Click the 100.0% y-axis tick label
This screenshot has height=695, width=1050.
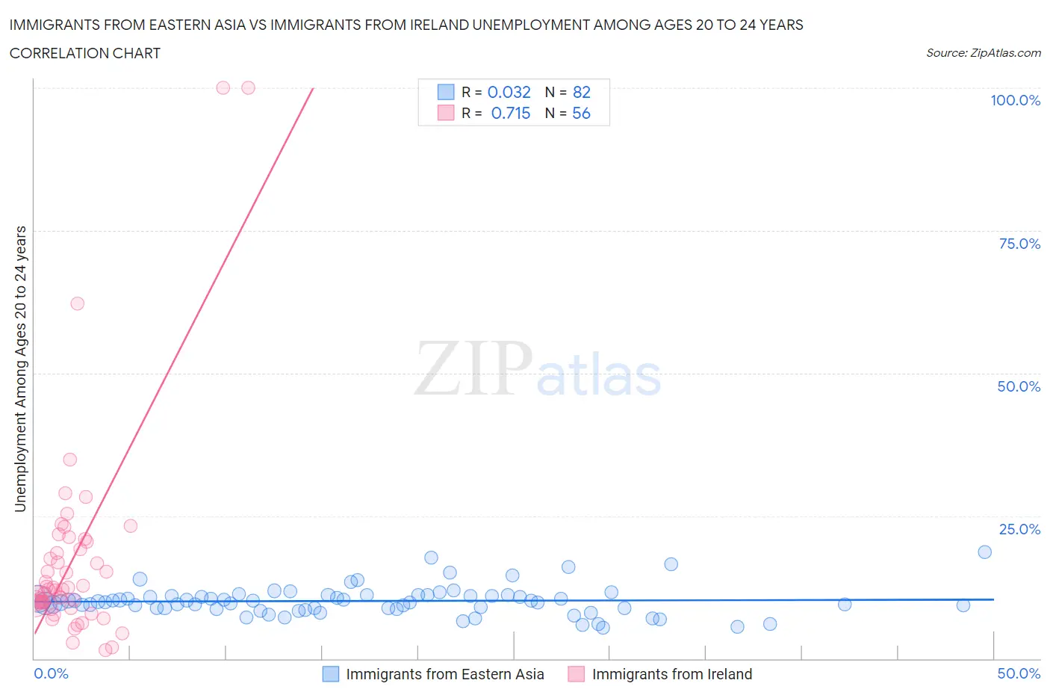coord(1015,101)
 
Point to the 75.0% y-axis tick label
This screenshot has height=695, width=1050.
coord(1019,244)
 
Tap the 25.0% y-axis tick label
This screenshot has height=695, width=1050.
coord(1019,530)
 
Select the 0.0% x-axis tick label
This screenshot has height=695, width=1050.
coord(51,673)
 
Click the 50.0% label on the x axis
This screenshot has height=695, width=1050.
coord(1019,673)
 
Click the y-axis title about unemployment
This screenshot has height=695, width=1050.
coord(20,369)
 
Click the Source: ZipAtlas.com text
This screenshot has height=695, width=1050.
coord(983,53)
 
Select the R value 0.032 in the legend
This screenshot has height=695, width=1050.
coord(509,92)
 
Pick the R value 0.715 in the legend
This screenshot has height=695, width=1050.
coord(510,113)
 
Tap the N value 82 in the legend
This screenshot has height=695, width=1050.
coord(581,92)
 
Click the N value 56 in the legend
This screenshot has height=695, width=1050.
coord(581,113)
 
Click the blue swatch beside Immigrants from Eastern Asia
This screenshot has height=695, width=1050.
coord(330,674)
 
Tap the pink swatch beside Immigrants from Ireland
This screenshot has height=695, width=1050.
coord(576,674)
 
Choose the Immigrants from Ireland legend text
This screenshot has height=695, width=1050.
coord(671,674)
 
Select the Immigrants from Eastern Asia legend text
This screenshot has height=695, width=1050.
coord(444,674)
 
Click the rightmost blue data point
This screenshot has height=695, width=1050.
coord(984,552)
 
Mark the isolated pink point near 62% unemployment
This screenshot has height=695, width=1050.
coord(77,303)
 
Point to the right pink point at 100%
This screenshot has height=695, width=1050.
coord(249,88)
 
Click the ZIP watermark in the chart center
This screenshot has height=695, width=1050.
coord(473,368)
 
